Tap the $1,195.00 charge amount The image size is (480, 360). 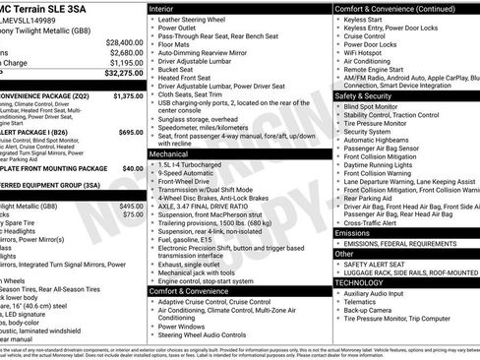123,62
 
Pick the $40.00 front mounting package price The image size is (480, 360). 132,167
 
